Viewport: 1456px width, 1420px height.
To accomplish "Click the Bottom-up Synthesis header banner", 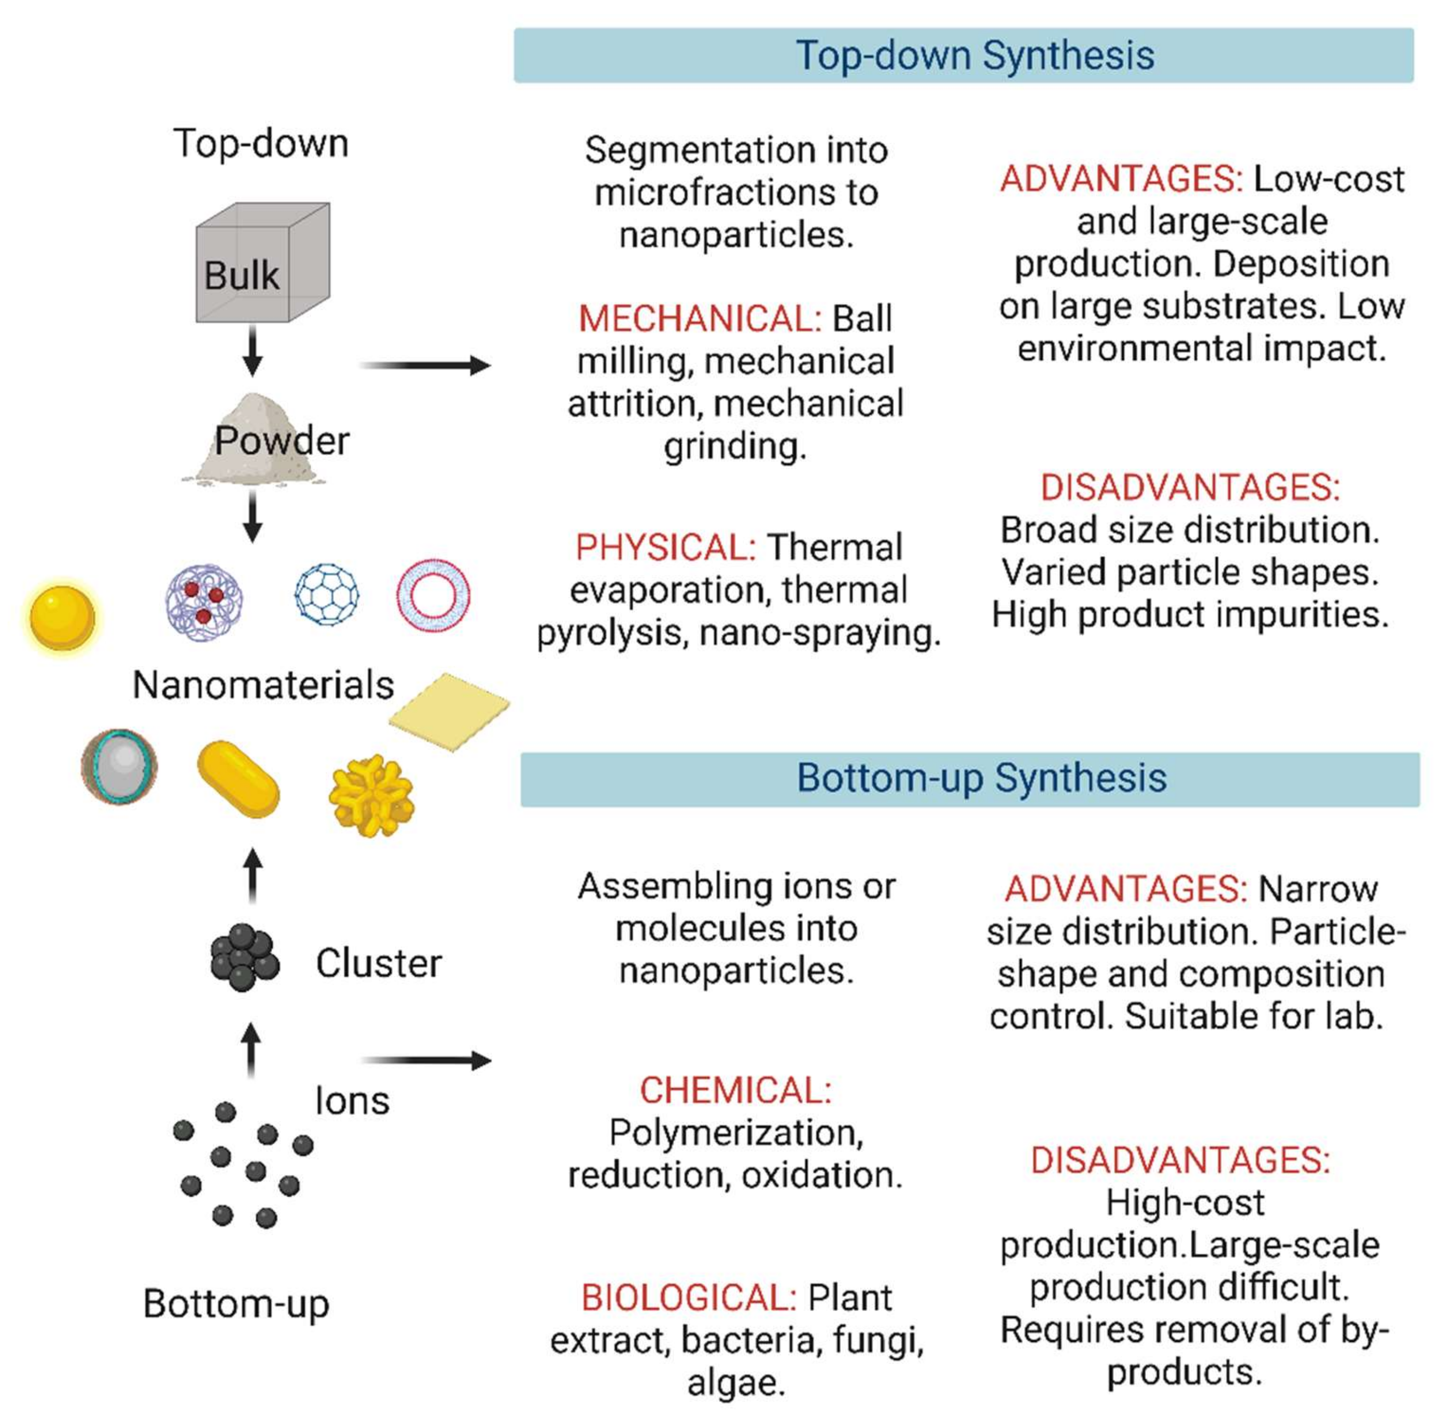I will [969, 779].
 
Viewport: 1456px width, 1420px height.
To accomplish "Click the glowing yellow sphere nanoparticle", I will [62, 618].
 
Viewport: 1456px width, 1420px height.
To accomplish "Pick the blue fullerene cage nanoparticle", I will [326, 594].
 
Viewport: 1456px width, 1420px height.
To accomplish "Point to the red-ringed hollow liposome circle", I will [433, 594].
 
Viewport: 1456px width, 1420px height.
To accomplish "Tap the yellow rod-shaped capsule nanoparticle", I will [238, 779].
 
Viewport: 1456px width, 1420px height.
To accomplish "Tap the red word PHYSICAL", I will [665, 547].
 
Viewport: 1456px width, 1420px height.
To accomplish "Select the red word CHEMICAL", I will [735, 1090].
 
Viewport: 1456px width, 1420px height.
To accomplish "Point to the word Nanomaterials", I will [263, 685].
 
